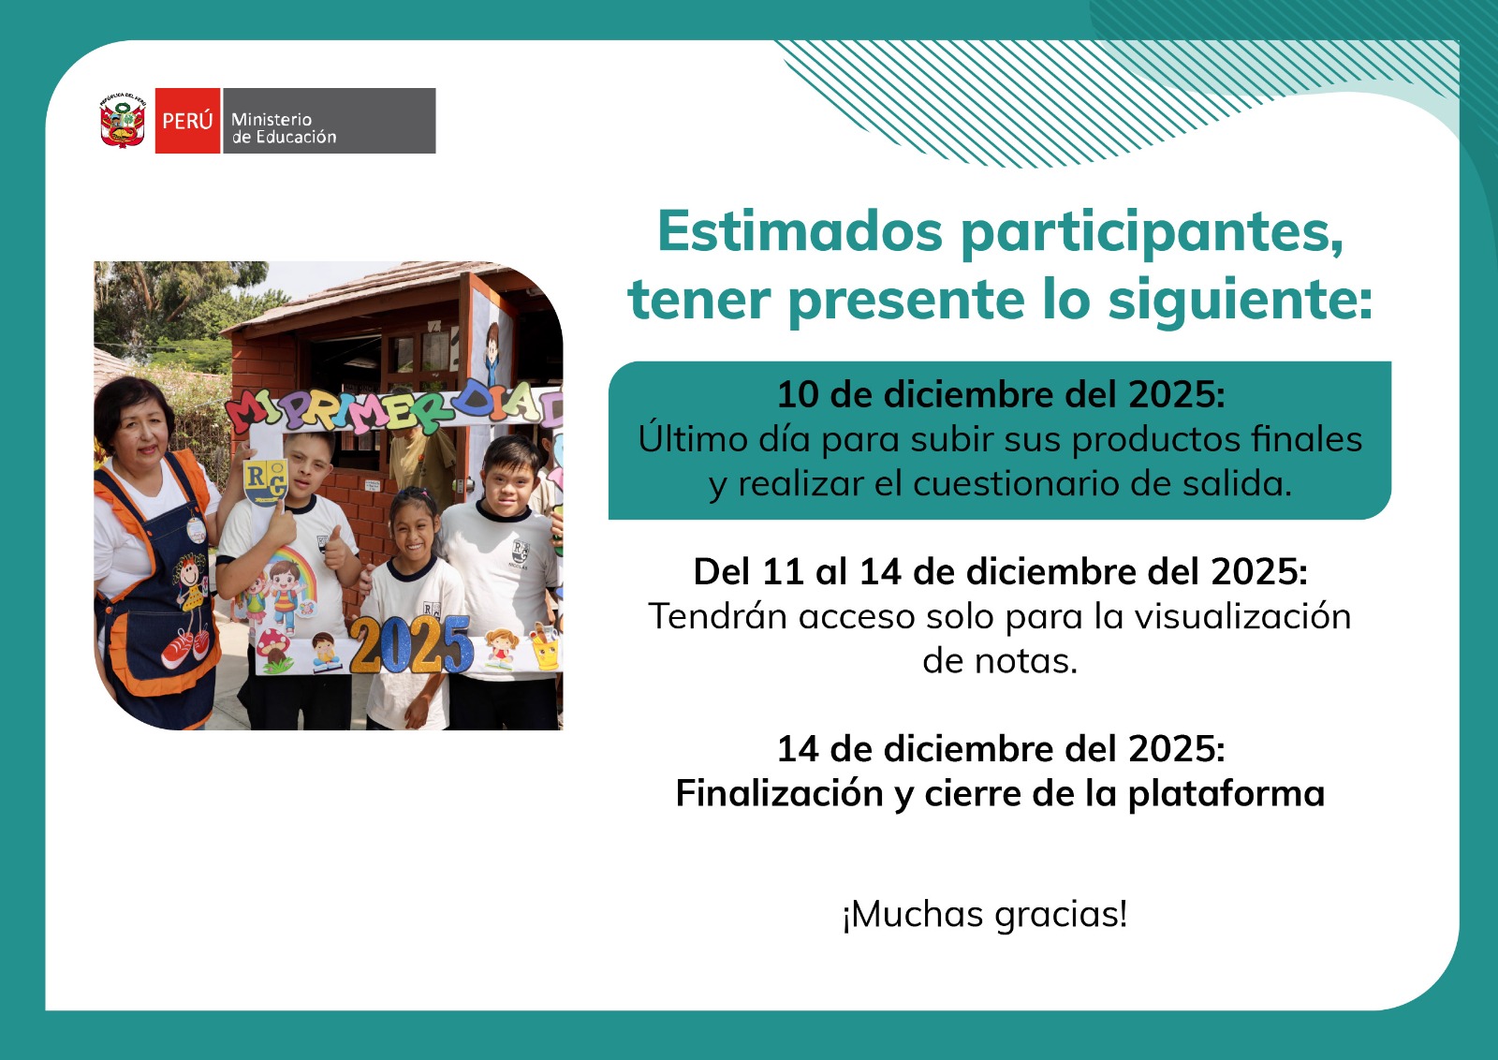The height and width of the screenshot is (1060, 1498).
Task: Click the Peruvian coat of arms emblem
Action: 123,121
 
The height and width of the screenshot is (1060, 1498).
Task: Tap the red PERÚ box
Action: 187,121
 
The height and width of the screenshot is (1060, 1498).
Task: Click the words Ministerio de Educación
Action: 284,127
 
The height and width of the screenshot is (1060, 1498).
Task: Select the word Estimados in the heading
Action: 800,230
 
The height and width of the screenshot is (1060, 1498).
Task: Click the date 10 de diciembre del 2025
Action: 1001,394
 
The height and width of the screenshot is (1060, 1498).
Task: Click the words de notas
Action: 1001,661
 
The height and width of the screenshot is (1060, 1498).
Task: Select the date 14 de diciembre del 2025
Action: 1001,749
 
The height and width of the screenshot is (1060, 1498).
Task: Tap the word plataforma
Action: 1226,794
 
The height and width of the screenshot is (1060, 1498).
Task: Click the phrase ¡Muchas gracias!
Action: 985,914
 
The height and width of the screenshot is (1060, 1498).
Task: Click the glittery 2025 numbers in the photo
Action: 411,644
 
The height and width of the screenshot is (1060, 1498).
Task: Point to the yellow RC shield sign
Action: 266,481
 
